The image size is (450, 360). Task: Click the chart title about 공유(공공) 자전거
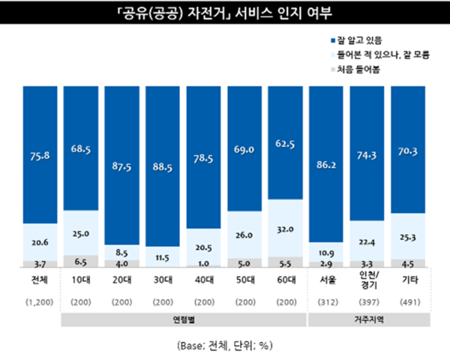(x=224, y=14)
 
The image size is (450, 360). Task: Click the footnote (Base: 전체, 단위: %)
(x=225, y=346)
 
